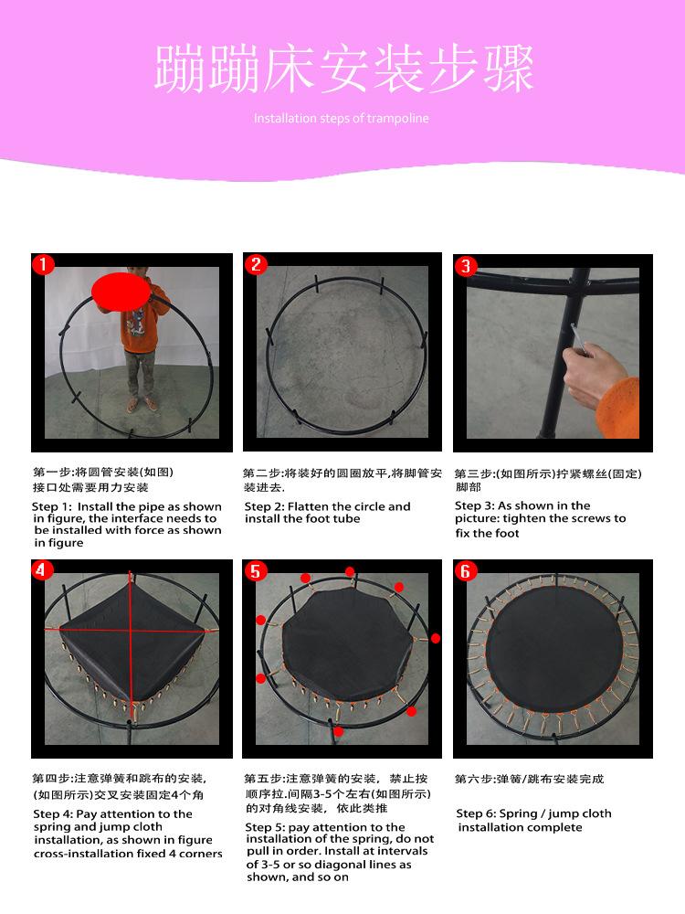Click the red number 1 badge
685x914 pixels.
pyautogui.click(x=43, y=265)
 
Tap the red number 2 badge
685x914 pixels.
pyautogui.click(x=256, y=265)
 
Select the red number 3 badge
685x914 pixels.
pyautogui.click(x=466, y=266)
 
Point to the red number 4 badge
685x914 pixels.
pyautogui.click(x=41, y=569)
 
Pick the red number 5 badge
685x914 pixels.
pyautogui.click(x=255, y=571)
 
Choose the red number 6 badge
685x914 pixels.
pyautogui.click(x=466, y=571)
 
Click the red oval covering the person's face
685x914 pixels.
pyautogui.click(x=120, y=292)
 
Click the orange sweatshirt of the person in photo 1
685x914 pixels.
pyautogui.click(x=140, y=323)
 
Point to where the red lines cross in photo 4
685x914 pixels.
pyautogui.click(x=130, y=629)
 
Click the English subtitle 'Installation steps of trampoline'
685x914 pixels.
pyautogui.click(x=341, y=118)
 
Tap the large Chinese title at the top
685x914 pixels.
pyautogui.click(x=343, y=69)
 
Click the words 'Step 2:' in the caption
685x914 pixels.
pyautogui.click(x=265, y=506)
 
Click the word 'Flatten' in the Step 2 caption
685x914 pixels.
pyautogui.click(x=308, y=506)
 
